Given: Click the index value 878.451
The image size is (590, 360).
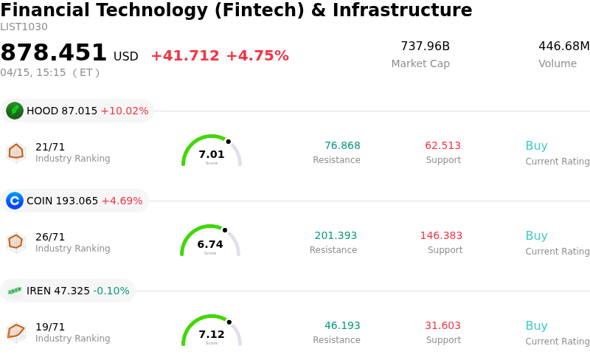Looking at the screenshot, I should [x=54, y=53].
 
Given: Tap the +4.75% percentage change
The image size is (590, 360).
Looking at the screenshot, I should [x=257, y=56].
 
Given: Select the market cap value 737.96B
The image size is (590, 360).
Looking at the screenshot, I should [x=425, y=46].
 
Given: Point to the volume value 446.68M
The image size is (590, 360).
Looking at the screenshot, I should [x=563, y=46].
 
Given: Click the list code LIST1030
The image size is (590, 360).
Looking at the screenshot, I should [x=24, y=27].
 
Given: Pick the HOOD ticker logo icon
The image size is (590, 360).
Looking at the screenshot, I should [x=15, y=111].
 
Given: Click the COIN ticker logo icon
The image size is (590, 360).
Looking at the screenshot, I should [x=15, y=201].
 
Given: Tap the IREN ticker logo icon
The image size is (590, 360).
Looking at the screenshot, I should [x=15, y=291].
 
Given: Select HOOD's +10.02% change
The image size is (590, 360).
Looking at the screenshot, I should [x=125, y=111].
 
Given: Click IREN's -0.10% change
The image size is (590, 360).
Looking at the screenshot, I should [x=111, y=291].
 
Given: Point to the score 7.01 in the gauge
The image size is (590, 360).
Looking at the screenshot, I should [x=212, y=154].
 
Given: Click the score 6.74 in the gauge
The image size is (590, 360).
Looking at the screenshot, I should [x=210, y=244].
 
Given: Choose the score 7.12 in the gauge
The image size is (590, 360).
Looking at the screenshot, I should [x=212, y=334].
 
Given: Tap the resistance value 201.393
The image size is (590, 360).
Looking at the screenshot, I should [x=336, y=236].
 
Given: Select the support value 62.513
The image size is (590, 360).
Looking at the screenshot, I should [x=442, y=146].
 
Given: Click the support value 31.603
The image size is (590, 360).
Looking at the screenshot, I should [x=442, y=326].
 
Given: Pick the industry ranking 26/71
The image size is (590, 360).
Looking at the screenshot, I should [x=50, y=237].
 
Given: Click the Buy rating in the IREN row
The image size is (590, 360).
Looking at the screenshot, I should [x=536, y=326].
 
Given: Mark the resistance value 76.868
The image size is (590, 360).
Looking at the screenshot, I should [x=342, y=146].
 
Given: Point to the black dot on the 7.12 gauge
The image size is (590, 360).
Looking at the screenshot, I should [x=229, y=322].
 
